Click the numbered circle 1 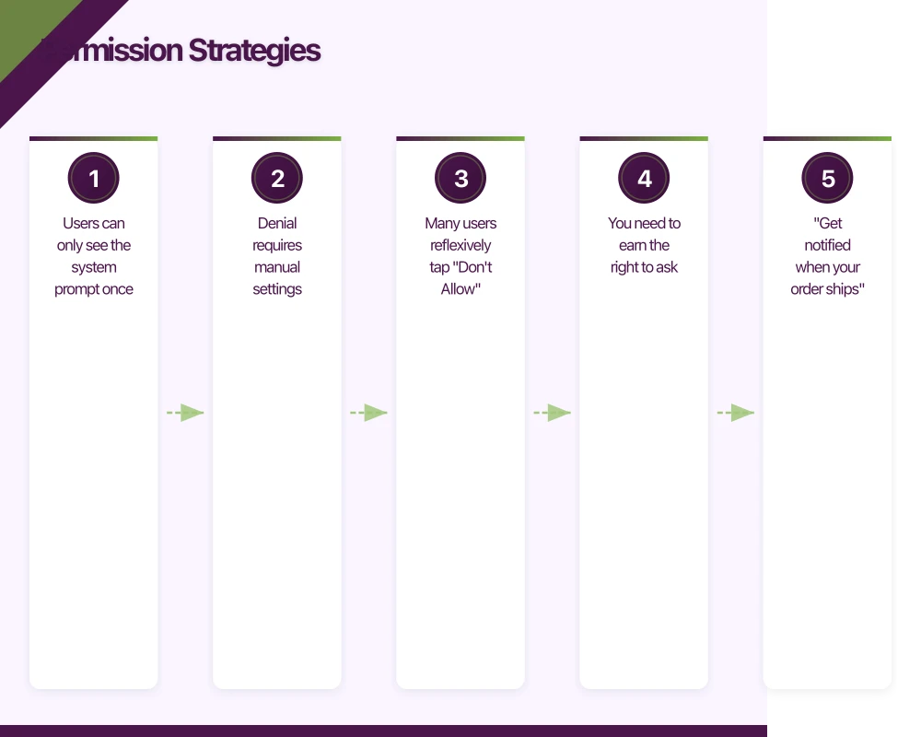[x=94, y=178]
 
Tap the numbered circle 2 [x=277, y=178]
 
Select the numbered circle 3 [x=460, y=178]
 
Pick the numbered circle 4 [x=644, y=178]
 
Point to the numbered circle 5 [x=827, y=178]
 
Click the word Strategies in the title [x=254, y=51]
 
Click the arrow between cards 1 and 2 [x=185, y=413]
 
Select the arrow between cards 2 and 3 [x=368, y=413]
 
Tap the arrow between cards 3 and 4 [x=552, y=413]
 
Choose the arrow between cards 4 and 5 [x=736, y=413]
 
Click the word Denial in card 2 [x=277, y=223]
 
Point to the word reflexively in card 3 [x=460, y=245]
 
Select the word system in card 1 [x=94, y=267]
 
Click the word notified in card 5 [x=827, y=245]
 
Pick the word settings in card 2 [x=277, y=289]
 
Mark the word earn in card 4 [x=631, y=245]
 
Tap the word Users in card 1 [x=80, y=223]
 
